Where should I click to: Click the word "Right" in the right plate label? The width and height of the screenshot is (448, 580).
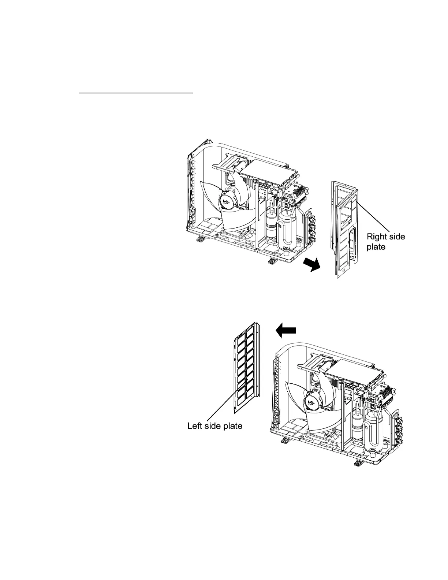coord(376,237)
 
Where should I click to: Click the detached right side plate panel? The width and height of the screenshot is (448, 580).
coord(344,234)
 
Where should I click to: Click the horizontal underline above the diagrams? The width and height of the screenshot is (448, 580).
coord(136,93)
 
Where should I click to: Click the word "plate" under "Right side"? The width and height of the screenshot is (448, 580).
coord(376,247)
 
